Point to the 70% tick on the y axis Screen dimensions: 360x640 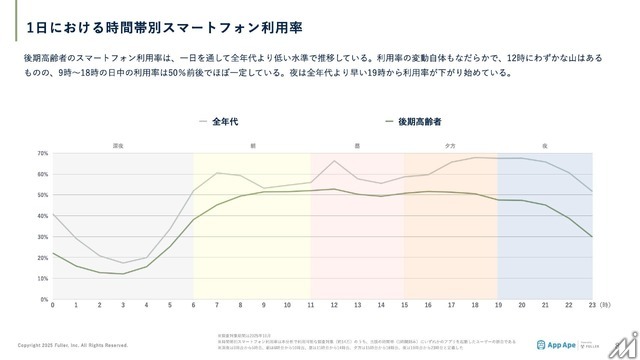[41, 153]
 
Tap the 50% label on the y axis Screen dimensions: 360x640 [41, 195]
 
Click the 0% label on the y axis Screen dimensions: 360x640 [43, 299]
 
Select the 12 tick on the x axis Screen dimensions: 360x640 [333, 307]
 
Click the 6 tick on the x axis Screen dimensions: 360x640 [193, 307]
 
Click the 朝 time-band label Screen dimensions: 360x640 [252, 146]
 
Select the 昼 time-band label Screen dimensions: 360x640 [357, 146]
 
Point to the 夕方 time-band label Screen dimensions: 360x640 [450, 146]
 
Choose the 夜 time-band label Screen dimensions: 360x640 [544, 146]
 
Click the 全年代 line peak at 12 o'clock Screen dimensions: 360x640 [333, 161]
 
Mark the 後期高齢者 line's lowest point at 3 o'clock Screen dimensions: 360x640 [123, 274]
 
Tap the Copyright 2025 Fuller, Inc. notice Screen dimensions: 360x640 [65, 345]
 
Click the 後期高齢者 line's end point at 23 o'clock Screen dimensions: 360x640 [591, 237]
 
